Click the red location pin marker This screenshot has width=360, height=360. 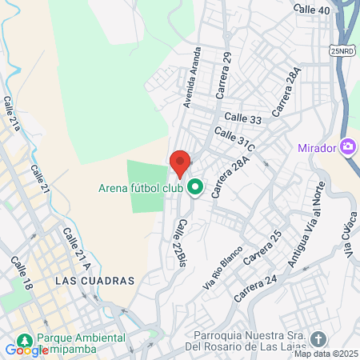[180, 162]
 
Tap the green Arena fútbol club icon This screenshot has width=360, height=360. [194, 188]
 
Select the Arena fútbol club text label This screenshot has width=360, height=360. [141, 189]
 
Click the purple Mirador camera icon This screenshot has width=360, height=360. [348, 147]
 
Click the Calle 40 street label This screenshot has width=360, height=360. [311, 10]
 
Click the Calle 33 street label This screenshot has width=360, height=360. [243, 118]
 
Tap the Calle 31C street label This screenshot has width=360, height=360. [234, 139]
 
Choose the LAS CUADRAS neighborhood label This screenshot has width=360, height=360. [96, 281]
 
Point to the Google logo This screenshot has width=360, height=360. [26, 350]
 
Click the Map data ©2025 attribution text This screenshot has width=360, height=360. [326, 354]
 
